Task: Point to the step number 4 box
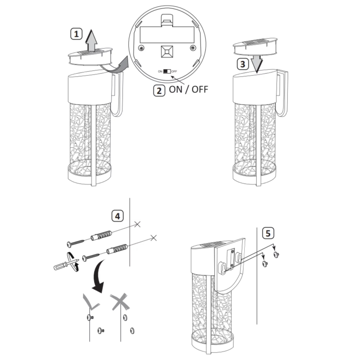point(118,216)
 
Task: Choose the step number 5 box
point(268,233)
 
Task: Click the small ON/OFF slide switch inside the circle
point(167,71)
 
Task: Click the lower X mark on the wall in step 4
point(153,238)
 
